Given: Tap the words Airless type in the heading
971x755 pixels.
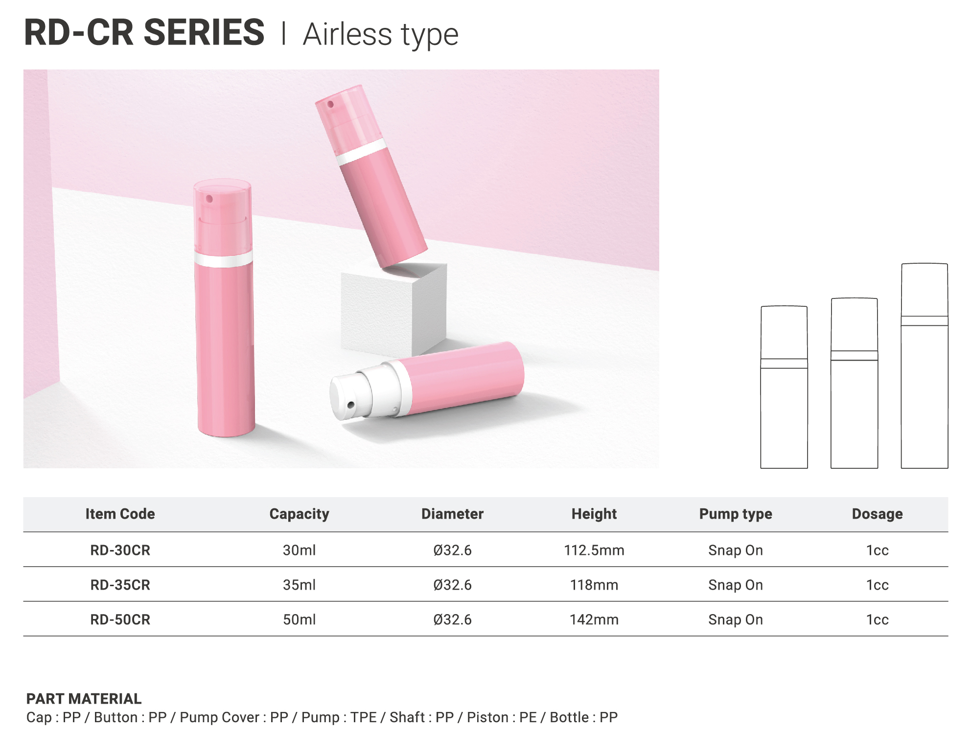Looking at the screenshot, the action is (x=381, y=35).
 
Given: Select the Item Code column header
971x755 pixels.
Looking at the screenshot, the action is (x=120, y=514).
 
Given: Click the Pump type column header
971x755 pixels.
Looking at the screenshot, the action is (x=736, y=514).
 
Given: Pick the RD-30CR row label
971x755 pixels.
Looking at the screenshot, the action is (x=120, y=550).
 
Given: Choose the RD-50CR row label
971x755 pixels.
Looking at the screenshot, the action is (x=120, y=619).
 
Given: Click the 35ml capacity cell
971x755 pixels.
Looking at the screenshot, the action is (x=299, y=585).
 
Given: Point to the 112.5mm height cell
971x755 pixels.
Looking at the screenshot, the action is (x=594, y=550).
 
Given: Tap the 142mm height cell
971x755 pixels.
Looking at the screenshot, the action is (x=594, y=619).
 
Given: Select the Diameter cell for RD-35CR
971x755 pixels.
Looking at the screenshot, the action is (x=452, y=585).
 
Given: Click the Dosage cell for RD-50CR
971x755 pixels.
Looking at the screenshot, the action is (x=877, y=619).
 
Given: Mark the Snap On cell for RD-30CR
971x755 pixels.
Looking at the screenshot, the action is (x=736, y=550).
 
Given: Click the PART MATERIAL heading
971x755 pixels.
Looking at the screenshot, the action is (x=84, y=699).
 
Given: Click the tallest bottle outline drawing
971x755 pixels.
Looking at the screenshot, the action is (x=925, y=366).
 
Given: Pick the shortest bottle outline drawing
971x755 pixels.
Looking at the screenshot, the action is (x=784, y=387).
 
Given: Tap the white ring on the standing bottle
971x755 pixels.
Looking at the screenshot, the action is (x=224, y=259).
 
